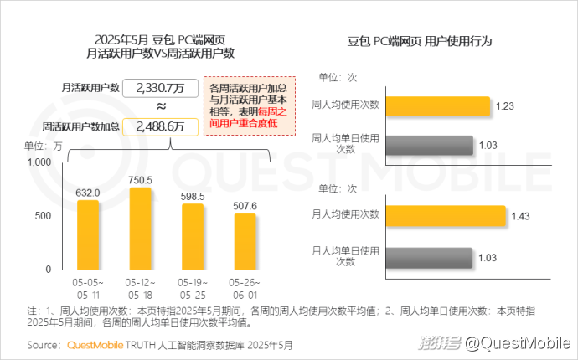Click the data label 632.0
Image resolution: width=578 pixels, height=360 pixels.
click(88, 193)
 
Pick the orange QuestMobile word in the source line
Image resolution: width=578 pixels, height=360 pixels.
click(95, 344)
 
